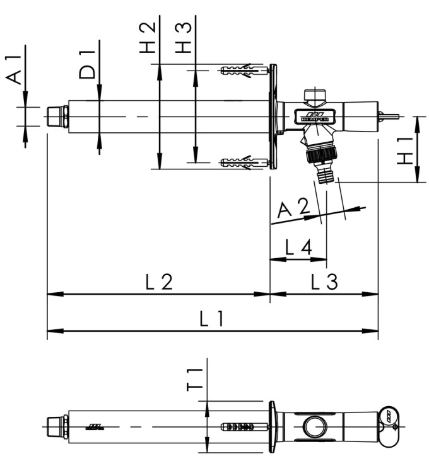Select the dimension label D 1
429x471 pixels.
click(x=89, y=63)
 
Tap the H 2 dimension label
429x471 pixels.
click(x=147, y=38)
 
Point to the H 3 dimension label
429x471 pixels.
click(x=183, y=38)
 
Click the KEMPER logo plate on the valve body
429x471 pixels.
click(x=314, y=115)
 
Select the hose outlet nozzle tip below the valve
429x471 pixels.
click(x=326, y=178)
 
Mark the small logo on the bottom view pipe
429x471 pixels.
click(x=96, y=426)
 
